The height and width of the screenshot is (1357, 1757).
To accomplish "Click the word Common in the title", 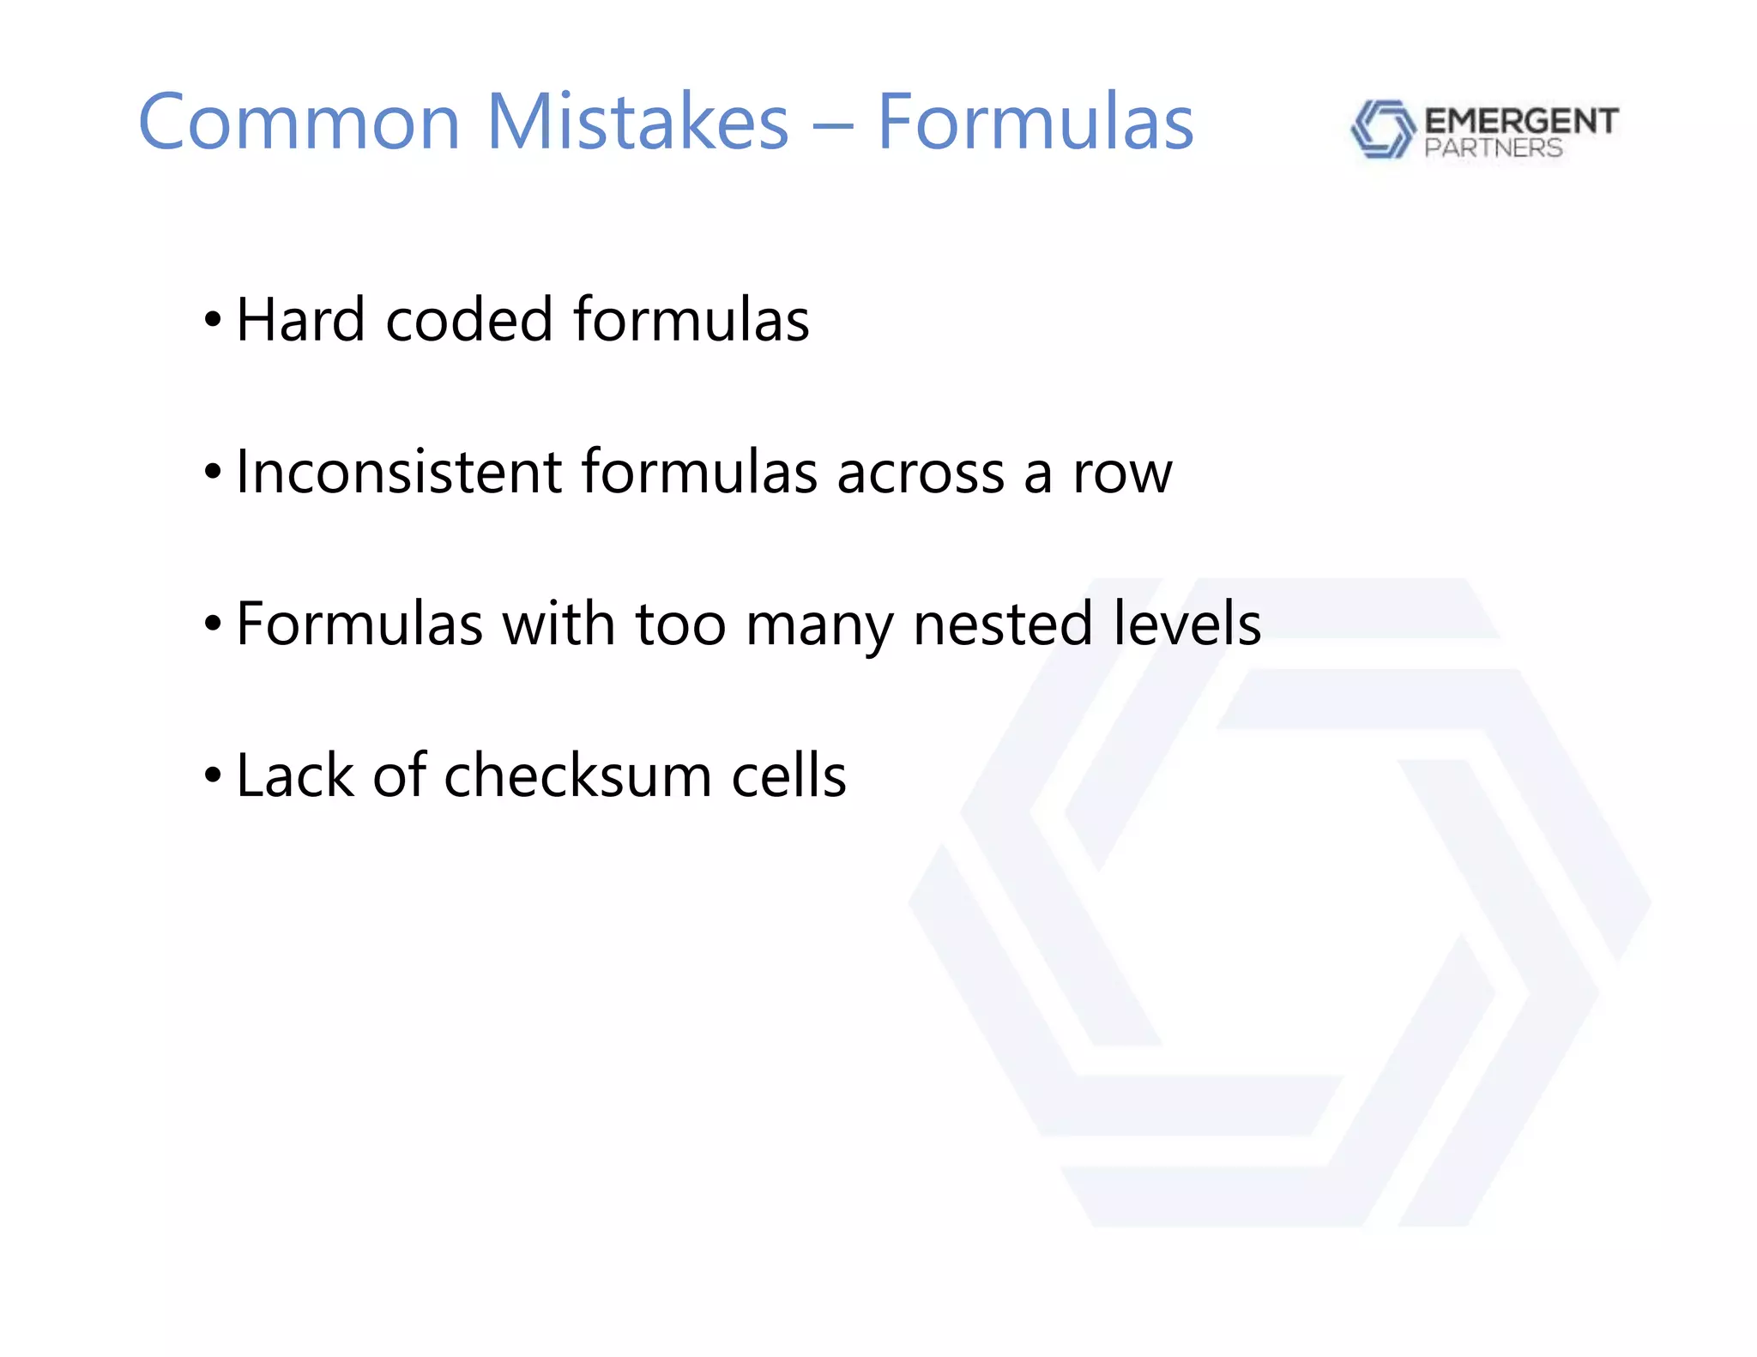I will click(x=299, y=122).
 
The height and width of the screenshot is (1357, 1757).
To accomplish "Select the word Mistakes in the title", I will click(x=637, y=122).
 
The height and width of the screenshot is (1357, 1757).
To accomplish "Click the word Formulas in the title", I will click(x=1035, y=122).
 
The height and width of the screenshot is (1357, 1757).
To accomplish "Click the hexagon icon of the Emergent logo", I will click(x=1382, y=130).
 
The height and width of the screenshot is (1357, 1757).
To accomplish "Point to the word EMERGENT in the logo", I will click(x=1521, y=121).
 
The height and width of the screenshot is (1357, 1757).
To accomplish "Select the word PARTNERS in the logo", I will click(x=1494, y=148).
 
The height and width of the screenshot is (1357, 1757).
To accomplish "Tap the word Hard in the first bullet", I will click(x=300, y=320).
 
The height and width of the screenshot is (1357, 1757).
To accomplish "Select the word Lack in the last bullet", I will click(x=295, y=775).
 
